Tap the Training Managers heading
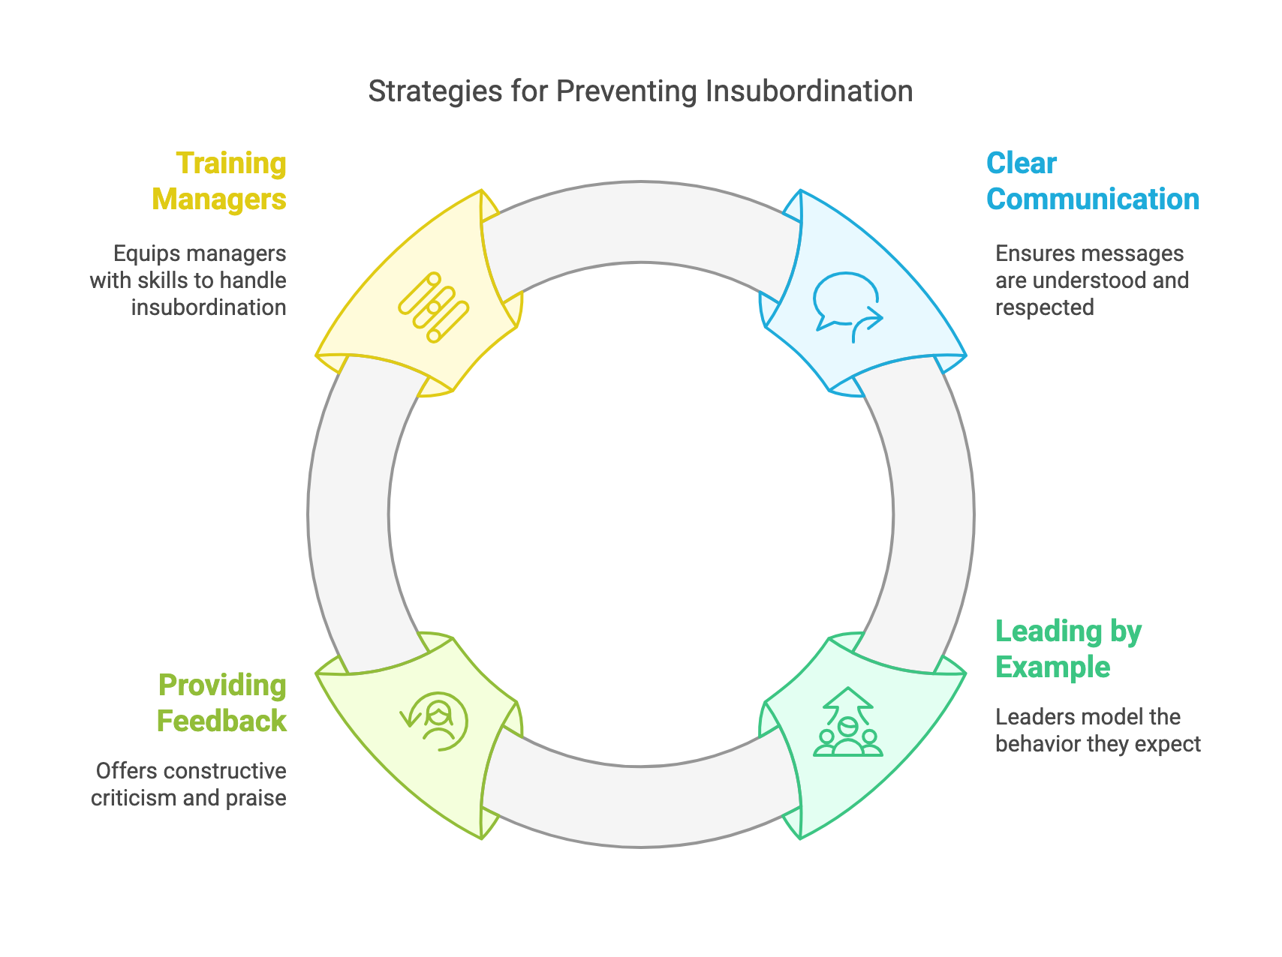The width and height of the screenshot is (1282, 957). (x=219, y=181)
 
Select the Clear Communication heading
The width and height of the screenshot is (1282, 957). (x=1092, y=181)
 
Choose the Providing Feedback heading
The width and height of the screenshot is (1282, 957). (x=221, y=703)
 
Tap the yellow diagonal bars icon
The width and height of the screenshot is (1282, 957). (x=434, y=307)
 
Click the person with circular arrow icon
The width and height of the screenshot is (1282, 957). (x=435, y=721)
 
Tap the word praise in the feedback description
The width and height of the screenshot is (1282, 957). (x=256, y=797)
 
